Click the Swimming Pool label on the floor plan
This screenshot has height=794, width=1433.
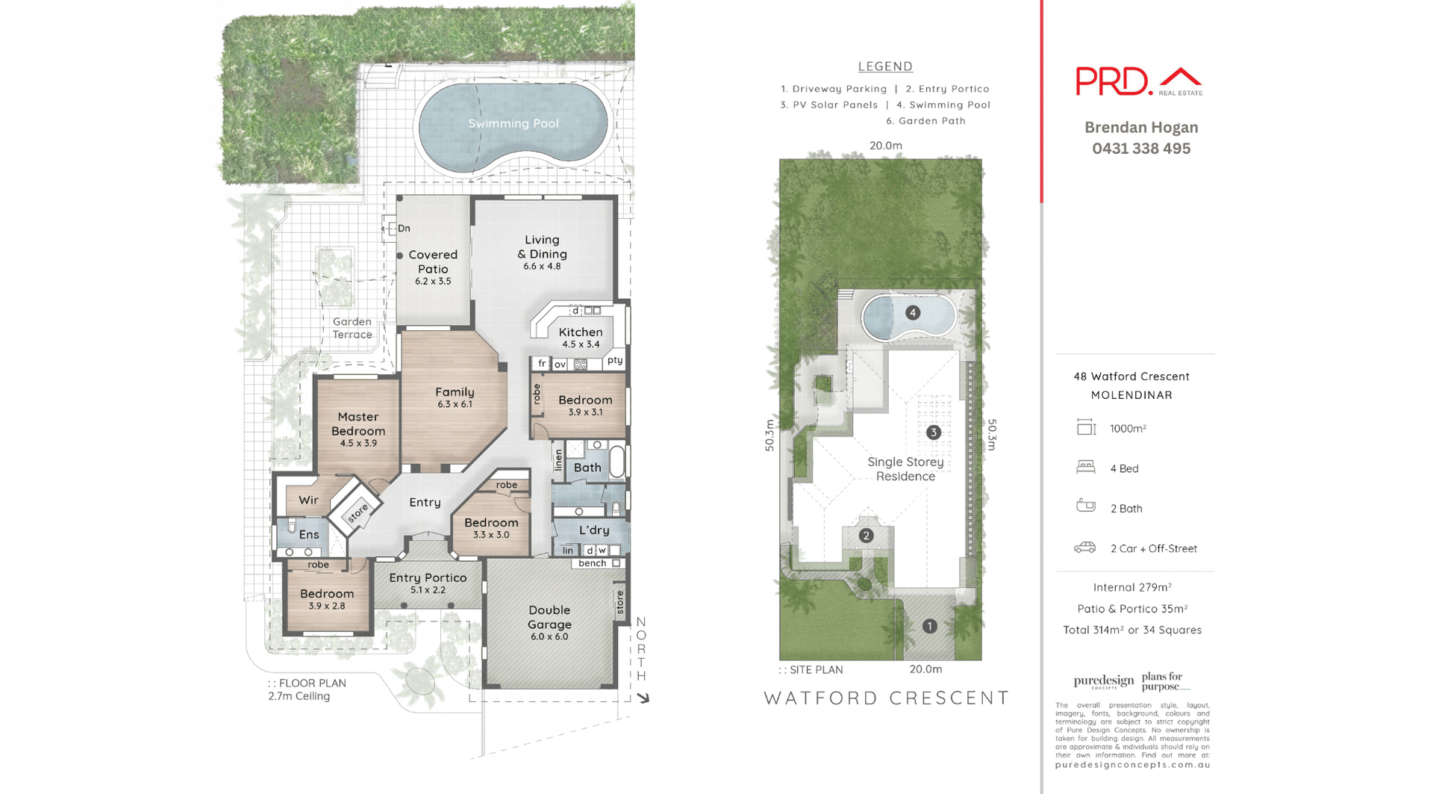513,123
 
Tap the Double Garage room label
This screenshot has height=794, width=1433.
549,618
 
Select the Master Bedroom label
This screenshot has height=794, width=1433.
358,424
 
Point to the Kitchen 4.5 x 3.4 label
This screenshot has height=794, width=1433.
581,337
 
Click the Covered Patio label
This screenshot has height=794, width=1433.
433,262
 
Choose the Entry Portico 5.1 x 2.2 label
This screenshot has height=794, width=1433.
428,582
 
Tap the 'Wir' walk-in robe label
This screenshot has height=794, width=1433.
308,500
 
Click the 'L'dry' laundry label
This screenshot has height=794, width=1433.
594,530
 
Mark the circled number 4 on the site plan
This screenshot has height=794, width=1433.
912,312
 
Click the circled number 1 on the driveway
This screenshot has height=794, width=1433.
929,626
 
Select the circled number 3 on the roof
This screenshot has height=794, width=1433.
933,432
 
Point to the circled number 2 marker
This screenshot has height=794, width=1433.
866,535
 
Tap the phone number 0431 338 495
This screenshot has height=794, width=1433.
1140,149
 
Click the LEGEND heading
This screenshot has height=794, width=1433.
885,66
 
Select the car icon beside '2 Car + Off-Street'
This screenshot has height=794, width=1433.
1085,548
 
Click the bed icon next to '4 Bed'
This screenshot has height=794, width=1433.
1085,468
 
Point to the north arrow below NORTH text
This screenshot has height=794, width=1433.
643,698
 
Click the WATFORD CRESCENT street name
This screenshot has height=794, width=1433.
886,698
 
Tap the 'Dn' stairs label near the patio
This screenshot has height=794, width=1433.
404,229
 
